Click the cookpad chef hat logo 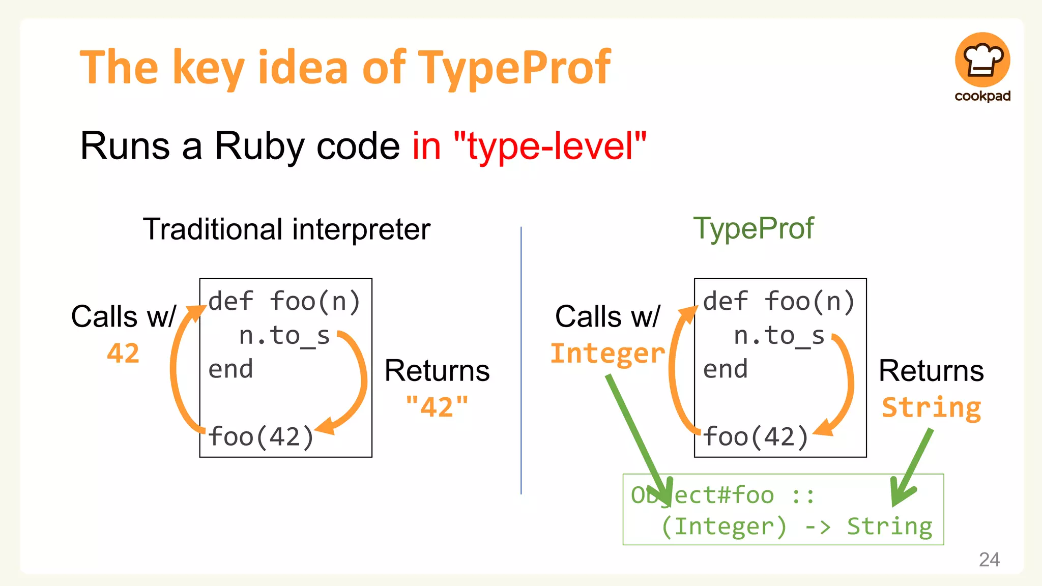point(982,60)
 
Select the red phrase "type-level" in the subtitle point(549,146)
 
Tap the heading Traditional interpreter point(286,229)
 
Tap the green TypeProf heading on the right point(754,228)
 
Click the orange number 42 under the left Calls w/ point(123,353)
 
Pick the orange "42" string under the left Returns point(437,407)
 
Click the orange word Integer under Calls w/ point(607,353)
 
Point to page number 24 point(989,560)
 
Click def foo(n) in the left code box point(284,301)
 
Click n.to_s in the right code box point(778,336)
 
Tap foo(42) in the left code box point(260,436)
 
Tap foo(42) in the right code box point(755,436)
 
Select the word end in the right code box point(725,369)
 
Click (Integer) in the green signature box point(723,526)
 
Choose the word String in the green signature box point(889,526)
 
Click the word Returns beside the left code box point(437,370)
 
